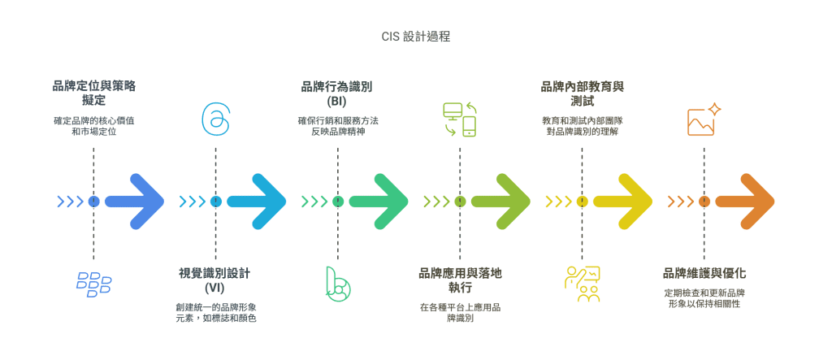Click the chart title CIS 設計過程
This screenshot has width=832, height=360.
click(x=415, y=37)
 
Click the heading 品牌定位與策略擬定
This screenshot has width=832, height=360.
click(x=93, y=93)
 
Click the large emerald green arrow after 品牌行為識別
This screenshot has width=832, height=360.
click(x=379, y=202)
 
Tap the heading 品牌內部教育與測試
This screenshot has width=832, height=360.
click(x=582, y=93)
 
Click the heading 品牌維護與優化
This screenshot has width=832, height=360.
click(x=704, y=273)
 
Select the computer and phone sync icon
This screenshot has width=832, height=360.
click(x=460, y=119)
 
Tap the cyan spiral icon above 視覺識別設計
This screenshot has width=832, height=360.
click(x=215, y=119)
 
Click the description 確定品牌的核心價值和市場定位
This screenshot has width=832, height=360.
click(x=93, y=126)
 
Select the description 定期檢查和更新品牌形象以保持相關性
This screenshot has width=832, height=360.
click(x=704, y=298)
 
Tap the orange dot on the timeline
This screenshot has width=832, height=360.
click(x=704, y=202)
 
